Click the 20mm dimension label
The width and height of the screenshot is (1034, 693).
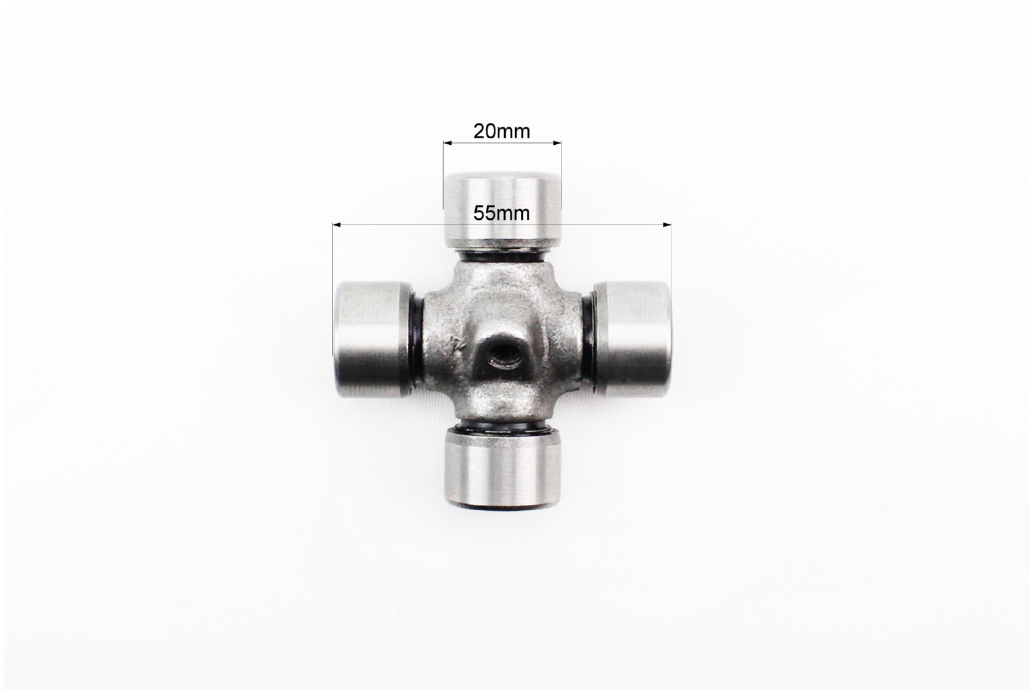tap(501, 132)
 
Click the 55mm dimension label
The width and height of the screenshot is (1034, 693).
tap(501, 213)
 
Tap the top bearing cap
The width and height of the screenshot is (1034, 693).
tap(502, 211)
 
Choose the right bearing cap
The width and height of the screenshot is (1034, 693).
tap(631, 339)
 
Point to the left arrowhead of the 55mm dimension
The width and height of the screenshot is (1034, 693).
tap(337, 225)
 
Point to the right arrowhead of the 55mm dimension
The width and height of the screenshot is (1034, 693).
tap(667, 225)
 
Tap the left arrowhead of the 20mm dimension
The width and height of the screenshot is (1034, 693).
tap(447, 143)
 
